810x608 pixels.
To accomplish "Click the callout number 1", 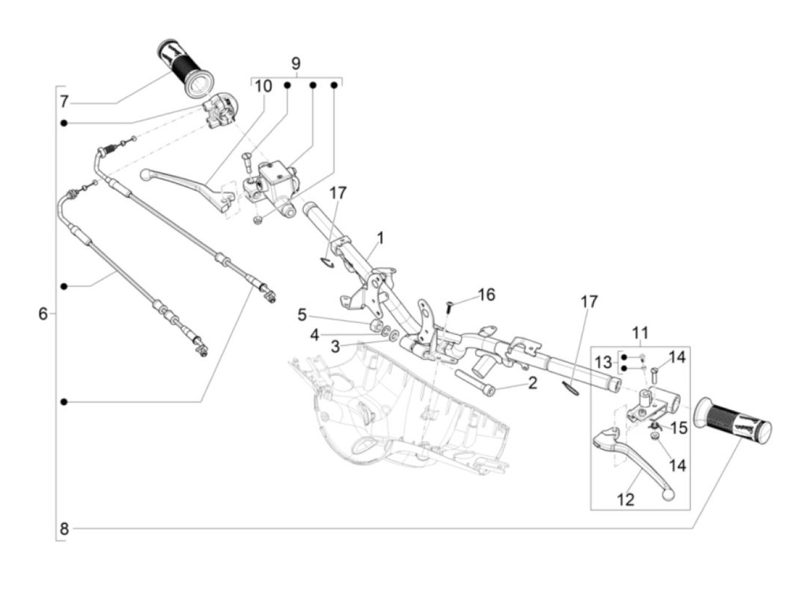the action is point(380,239).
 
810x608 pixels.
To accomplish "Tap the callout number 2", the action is point(532,384).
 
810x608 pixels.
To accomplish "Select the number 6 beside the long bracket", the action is point(43,314).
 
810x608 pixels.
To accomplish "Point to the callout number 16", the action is point(487,295).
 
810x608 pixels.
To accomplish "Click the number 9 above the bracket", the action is point(296,64).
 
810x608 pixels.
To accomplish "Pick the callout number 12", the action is point(625,500).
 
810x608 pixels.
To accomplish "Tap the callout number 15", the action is point(679,428).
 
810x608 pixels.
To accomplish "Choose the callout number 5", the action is point(302,315).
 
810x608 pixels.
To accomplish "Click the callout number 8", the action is point(64,529).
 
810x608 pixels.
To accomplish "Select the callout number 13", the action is point(603,362).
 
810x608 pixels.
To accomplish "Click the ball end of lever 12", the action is point(668,495).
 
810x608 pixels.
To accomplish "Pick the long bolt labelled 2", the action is point(474,382).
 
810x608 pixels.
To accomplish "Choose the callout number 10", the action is point(263,87).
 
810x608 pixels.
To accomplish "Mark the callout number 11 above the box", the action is point(640,333).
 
